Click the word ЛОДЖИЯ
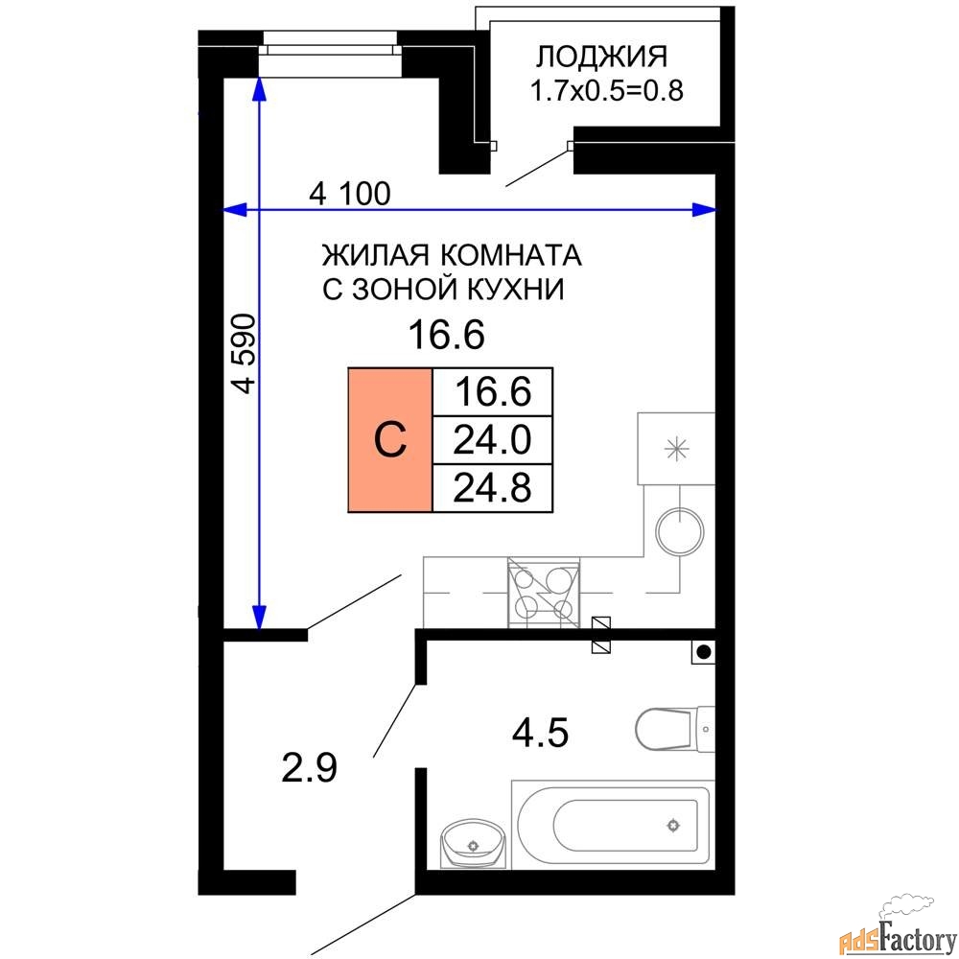(601, 57)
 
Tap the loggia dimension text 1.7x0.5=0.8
(606, 90)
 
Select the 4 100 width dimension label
(350, 194)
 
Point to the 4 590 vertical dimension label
(244, 354)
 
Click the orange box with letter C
(390, 440)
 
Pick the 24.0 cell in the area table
(492, 440)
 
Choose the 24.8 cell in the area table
(492, 488)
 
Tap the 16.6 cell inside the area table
(492, 392)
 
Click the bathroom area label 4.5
(540, 732)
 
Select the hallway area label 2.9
(309, 768)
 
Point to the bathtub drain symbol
(673, 826)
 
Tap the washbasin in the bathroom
(474, 843)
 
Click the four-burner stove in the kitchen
(544, 593)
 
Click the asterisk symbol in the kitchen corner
(676, 450)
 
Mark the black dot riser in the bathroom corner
(703, 652)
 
